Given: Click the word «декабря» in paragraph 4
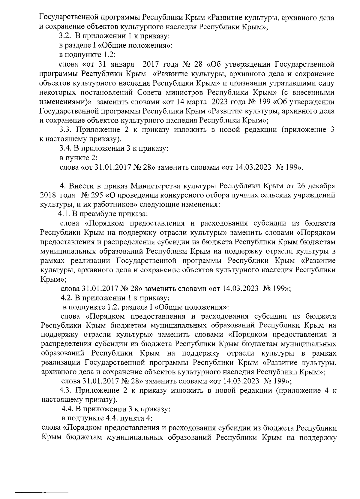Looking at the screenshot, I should coord(320,186).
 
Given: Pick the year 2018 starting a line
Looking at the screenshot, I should coord(48,195).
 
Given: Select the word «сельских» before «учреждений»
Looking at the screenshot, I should coord(272,195).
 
